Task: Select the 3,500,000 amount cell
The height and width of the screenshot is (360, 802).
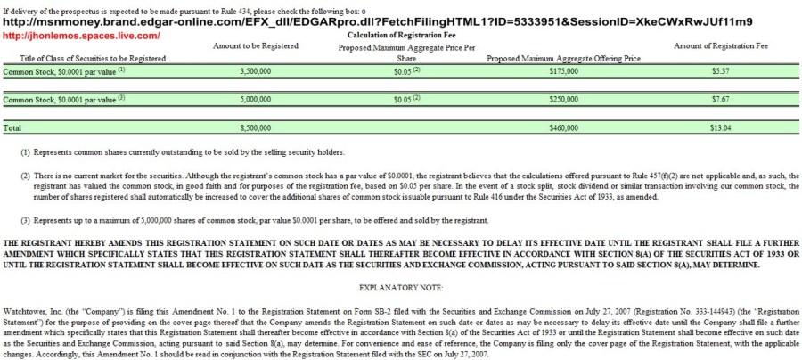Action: coord(256,70)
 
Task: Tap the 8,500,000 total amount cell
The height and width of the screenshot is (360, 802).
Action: coord(256,128)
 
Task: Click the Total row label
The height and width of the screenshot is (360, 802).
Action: coord(12,128)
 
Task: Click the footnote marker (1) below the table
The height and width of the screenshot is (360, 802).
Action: coord(26,153)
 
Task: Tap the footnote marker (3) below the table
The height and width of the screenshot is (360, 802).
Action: coord(26,219)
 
